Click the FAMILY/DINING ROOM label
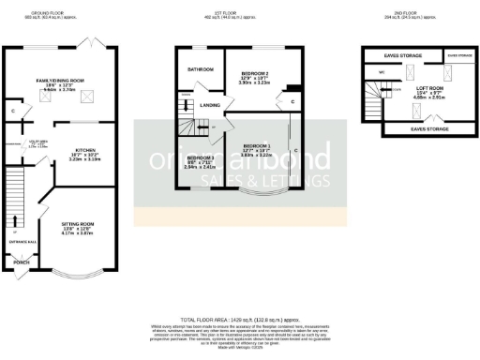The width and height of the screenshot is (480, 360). click(x=59, y=82)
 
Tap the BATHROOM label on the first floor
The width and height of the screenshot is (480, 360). click(x=200, y=69)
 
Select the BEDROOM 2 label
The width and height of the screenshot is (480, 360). click(x=255, y=73)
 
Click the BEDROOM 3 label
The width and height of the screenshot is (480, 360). click(x=200, y=157)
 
